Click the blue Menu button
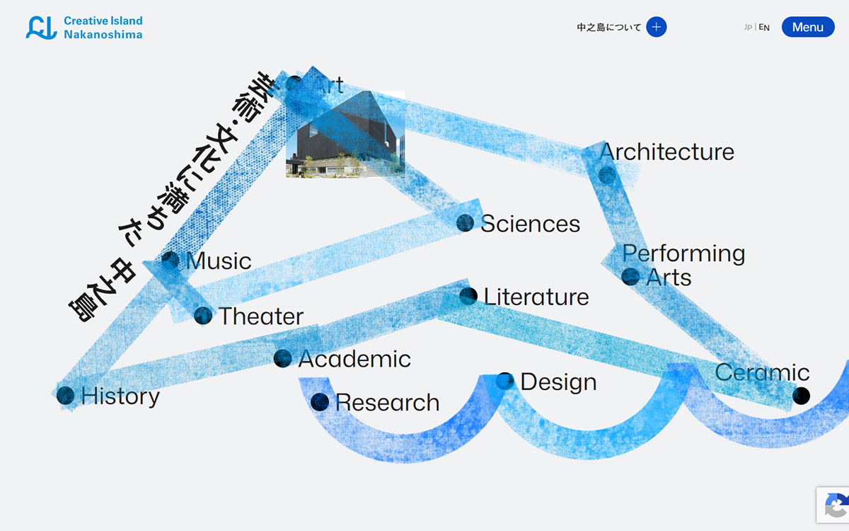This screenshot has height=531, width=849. pyautogui.click(x=808, y=27)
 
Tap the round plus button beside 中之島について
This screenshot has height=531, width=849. pyautogui.click(x=657, y=27)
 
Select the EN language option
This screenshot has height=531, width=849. pyautogui.click(x=764, y=28)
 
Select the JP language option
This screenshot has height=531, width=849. pyautogui.click(x=748, y=28)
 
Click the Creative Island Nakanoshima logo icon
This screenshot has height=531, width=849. pyautogui.click(x=41, y=28)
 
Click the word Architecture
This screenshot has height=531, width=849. pyautogui.click(x=666, y=152)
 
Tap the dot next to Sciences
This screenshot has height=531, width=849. pyautogui.click(x=465, y=222)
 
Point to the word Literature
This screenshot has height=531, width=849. pyautogui.click(x=536, y=297)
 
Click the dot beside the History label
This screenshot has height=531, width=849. pyautogui.click(x=65, y=395)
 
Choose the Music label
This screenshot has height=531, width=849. pyautogui.click(x=219, y=261)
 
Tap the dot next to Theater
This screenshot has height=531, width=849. pyautogui.click(x=203, y=316)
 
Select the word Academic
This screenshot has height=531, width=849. pyautogui.click(x=354, y=359)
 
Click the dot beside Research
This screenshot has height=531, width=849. pyautogui.click(x=320, y=402)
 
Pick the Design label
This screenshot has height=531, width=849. pyautogui.click(x=558, y=382)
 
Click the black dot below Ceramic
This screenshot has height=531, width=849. pyautogui.click(x=801, y=396)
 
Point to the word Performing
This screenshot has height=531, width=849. pyautogui.click(x=683, y=253)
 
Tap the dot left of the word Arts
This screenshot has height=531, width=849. pyautogui.click(x=630, y=277)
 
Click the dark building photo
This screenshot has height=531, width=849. pyautogui.click(x=345, y=134)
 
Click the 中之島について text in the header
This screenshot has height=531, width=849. pyautogui.click(x=608, y=28)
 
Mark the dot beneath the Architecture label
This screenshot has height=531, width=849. pyautogui.click(x=607, y=176)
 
